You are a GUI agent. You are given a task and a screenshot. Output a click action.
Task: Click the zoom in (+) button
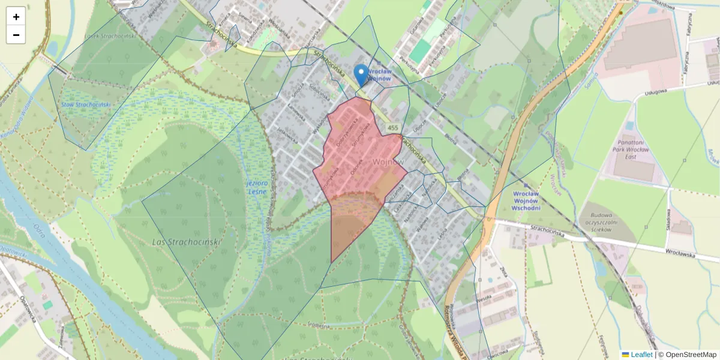16,17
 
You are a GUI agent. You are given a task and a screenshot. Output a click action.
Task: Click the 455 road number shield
393,128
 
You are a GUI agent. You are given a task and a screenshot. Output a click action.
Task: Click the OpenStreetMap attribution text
691,355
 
